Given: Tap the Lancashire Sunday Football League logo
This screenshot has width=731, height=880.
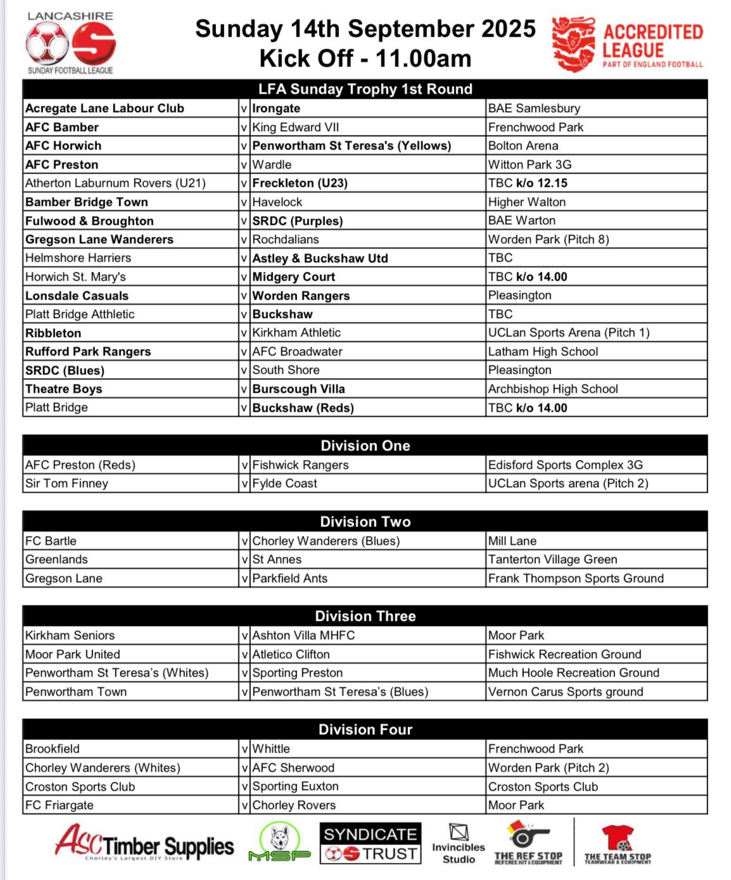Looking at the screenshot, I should [70, 43].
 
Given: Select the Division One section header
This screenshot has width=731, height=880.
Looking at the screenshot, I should [365, 445].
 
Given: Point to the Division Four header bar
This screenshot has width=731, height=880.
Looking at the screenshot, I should [365, 729].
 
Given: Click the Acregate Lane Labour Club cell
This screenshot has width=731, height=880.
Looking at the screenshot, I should [105, 108].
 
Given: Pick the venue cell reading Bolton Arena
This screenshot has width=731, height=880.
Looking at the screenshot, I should [523, 146].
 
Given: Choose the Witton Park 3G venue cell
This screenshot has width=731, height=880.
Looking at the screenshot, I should [530, 165].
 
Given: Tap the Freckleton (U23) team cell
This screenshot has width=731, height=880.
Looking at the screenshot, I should [300, 183].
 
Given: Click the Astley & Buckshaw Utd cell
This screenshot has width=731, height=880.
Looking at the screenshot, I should [320, 258].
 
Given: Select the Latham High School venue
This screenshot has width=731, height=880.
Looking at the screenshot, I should [543, 352].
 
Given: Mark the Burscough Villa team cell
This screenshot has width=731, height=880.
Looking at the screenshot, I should [298, 389].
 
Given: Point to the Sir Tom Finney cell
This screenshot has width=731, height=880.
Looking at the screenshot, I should [67, 483].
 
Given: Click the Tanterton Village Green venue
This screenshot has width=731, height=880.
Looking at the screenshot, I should [552, 559].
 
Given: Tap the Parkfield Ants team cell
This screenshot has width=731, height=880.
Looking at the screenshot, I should [290, 578].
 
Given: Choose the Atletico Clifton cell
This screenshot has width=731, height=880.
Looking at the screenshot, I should [291, 654].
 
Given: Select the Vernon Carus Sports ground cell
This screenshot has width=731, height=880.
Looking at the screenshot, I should [566, 692].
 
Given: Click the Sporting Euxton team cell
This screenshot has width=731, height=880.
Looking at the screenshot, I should [295, 787].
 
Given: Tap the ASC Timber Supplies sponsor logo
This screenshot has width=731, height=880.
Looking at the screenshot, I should [144, 844].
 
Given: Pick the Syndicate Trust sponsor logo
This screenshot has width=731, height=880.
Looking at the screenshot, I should [371, 844].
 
